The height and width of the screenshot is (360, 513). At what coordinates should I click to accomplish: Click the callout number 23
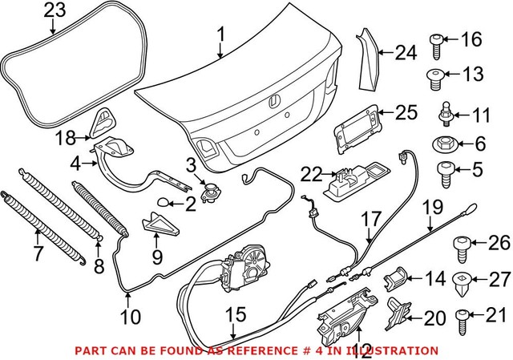[x=55, y=10]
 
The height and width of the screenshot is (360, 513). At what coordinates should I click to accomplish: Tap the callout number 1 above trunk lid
[x=222, y=34]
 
